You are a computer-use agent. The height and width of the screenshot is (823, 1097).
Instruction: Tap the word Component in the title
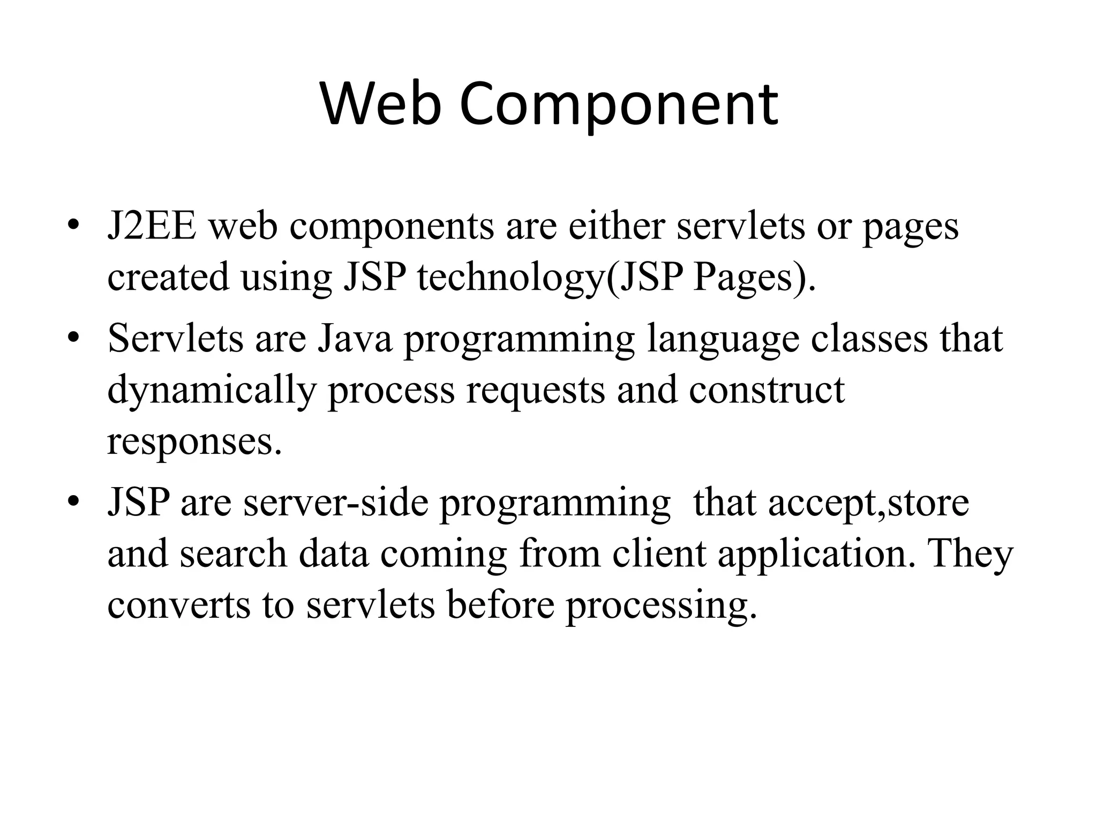618,104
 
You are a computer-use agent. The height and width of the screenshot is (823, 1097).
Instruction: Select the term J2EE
152,226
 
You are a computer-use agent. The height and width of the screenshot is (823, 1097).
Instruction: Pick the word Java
355,339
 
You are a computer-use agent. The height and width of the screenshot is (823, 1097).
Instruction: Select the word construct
767,390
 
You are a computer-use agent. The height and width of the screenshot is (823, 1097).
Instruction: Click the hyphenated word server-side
336,503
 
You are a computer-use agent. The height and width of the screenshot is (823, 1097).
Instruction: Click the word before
500,604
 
